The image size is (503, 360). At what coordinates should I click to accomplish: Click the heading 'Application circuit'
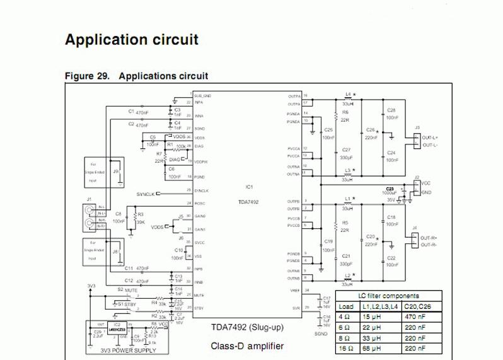click(132, 40)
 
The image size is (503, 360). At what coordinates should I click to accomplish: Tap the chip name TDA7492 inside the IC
click(248, 202)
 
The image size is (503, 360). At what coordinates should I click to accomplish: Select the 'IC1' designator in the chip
click(249, 187)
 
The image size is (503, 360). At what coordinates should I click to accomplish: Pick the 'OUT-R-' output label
click(430, 245)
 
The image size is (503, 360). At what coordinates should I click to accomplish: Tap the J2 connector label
click(417, 178)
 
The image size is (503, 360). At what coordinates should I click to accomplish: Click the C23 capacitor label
click(390, 189)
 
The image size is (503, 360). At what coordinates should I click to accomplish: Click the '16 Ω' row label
click(347, 347)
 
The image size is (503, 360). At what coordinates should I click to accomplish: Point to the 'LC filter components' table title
click(388, 295)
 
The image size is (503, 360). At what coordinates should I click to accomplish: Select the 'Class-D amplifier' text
click(247, 345)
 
